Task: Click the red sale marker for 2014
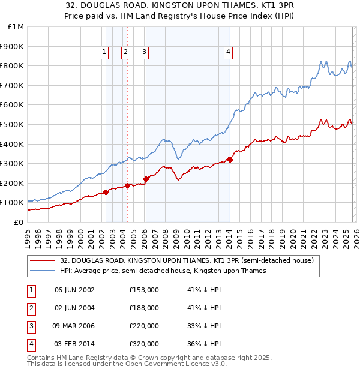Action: pos(230,160)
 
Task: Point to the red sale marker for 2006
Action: pos(146,179)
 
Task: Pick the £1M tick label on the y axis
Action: pos(16,26)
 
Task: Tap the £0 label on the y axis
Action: pos(19,222)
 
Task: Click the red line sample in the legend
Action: pos(42,260)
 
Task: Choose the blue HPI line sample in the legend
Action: pos(42,271)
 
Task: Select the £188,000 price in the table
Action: pos(144,308)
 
